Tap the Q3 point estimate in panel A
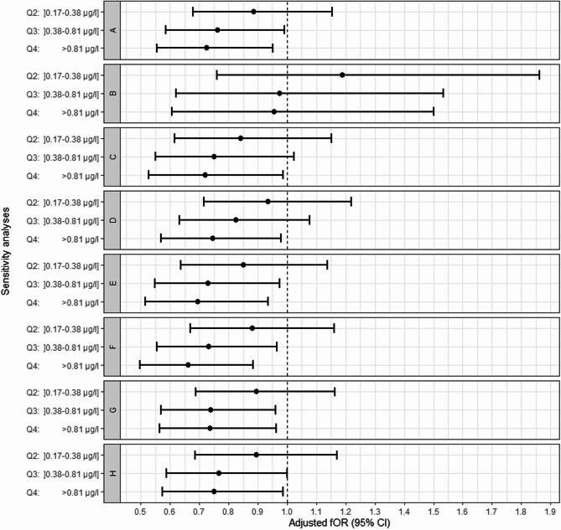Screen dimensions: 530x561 point(217,29)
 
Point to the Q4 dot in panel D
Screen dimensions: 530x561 point(212,238)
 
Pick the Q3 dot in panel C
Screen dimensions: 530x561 point(214,157)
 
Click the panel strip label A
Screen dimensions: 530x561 point(112,29)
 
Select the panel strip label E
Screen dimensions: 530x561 point(112,283)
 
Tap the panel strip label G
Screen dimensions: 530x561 point(112,409)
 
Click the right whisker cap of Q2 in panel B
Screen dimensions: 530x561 point(538,75)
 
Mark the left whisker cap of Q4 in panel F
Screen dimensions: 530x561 point(140,364)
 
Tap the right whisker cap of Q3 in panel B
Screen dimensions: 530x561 point(443,93)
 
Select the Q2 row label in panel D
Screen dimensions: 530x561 point(61,202)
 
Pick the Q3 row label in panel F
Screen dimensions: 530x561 point(61,346)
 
